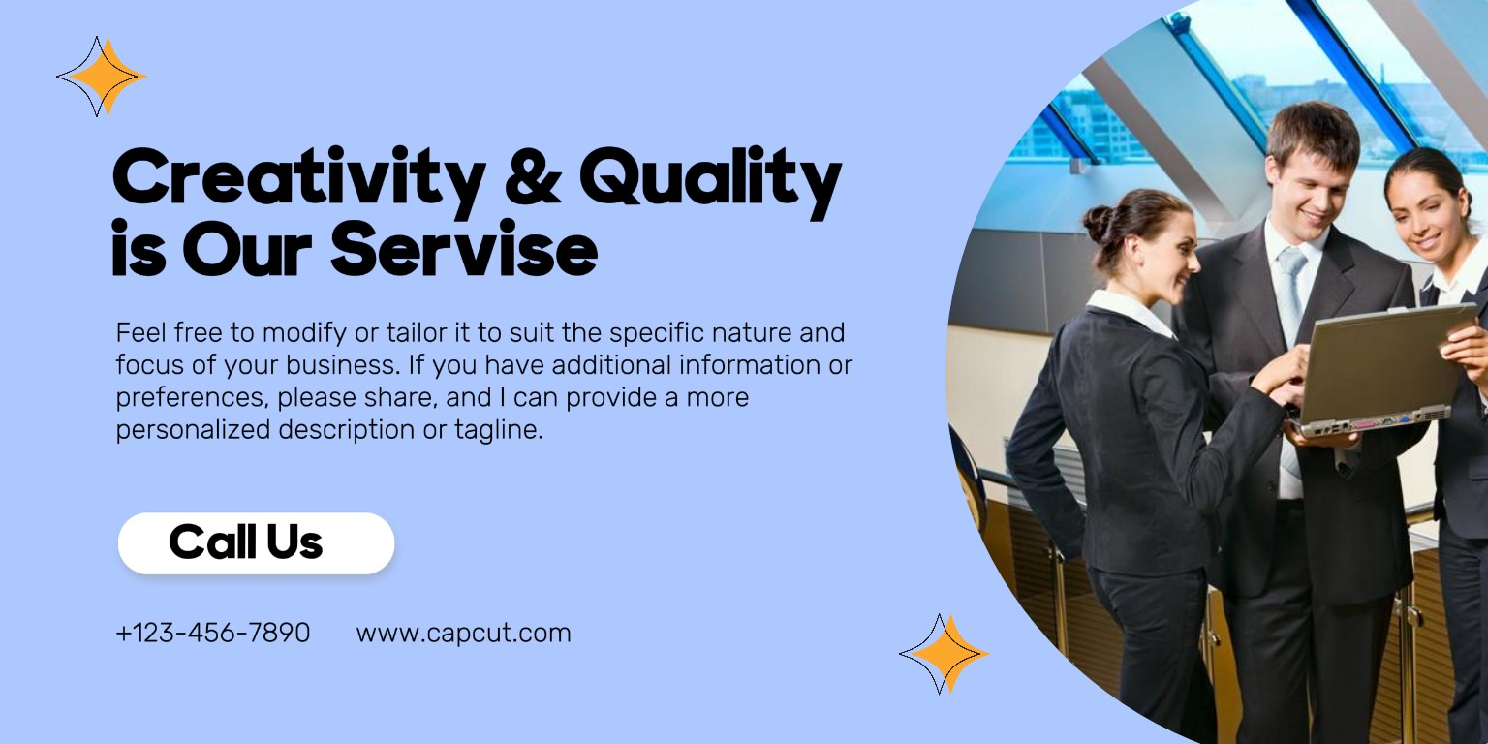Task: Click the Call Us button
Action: coord(257,542)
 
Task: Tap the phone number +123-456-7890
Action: coord(212,633)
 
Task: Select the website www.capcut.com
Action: coord(463,633)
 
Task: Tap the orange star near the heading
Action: coord(102,77)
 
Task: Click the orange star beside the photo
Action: coord(944,654)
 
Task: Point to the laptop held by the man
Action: coord(1381,372)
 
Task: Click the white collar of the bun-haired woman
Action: coord(1131,311)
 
